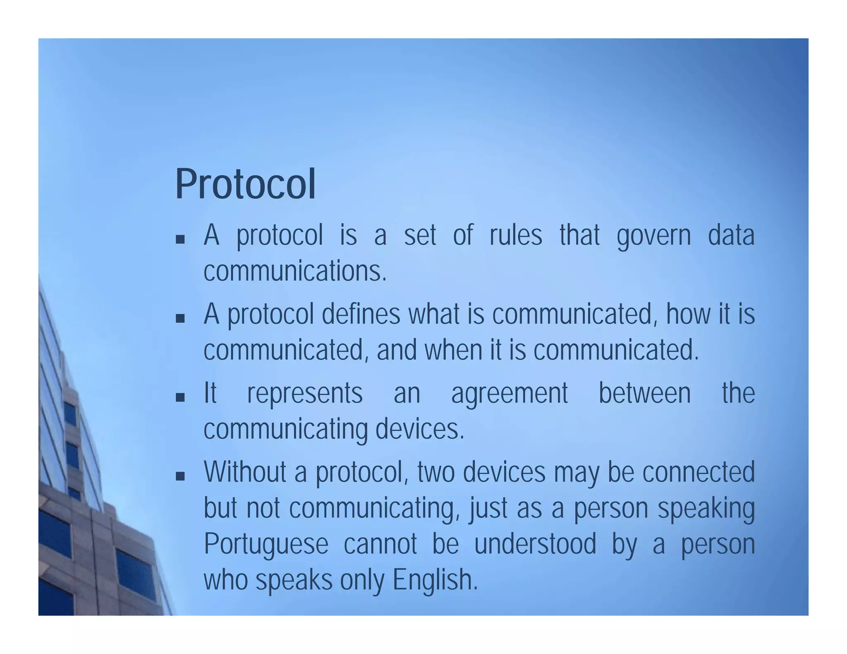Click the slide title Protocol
pos(245,184)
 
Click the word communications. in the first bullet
pos(295,271)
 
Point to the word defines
pos(361,314)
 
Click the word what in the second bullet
pos(434,314)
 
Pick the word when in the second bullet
pos(453,350)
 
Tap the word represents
pos(305,394)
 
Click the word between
pos(644,393)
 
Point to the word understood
pos(535,544)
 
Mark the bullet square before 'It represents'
pos(180,398)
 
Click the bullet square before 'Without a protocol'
pos(180,477)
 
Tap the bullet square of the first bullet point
pos(180,239)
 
